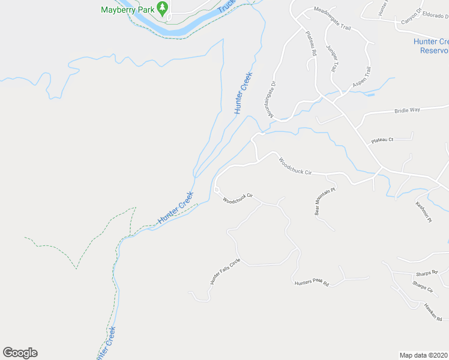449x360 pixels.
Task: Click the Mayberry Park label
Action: point(128,10)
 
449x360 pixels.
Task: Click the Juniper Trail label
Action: point(332,58)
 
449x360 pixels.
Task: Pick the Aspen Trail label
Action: point(362,79)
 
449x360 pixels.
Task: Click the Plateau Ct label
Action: point(382,140)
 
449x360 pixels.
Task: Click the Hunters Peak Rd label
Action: point(312,283)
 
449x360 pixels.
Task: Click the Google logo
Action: point(20,353)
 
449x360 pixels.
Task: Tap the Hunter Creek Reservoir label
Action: point(431,46)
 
